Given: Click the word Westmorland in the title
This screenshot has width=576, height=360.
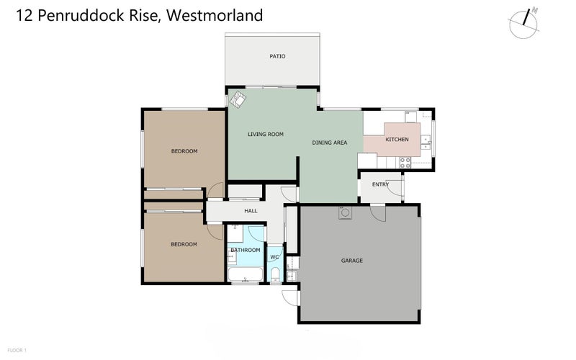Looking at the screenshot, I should tap(214, 14).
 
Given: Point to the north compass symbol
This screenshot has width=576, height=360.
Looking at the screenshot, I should tap(523, 24).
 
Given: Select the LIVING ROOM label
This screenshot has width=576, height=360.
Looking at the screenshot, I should tap(266, 134).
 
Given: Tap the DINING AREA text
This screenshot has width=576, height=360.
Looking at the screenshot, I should tap(330, 143).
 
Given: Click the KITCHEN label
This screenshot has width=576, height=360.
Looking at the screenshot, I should tap(397, 139).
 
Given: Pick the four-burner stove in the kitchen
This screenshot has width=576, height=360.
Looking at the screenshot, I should tap(405, 163).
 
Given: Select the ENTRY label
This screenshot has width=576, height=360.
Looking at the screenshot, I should tap(380, 184).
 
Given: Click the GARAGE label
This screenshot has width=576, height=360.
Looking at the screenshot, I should tap(351, 261).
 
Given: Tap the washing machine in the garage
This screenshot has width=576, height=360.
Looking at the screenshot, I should tap(345, 212).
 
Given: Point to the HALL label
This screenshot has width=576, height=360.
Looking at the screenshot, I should tap(251, 212).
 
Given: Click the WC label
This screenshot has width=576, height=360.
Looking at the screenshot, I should tap(274, 257).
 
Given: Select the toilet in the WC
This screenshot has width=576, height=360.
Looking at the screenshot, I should tap(274, 273).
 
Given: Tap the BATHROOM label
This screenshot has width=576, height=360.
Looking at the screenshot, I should tap(245, 250).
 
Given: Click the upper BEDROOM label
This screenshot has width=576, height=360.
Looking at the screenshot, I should tap(184, 151).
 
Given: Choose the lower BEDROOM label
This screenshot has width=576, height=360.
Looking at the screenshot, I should tap(184, 244).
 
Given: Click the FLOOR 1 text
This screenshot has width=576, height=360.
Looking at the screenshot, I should tap(15, 350).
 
